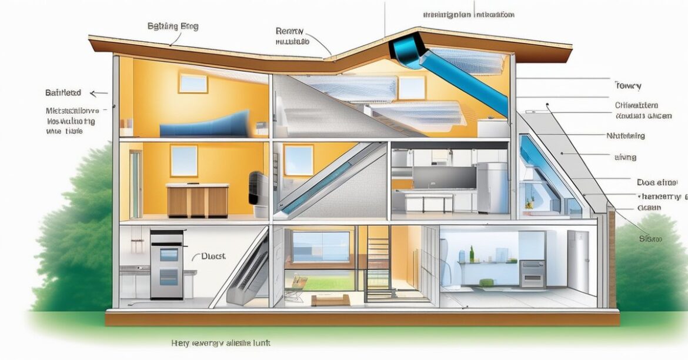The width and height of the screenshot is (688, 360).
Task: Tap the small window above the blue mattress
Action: [x=193, y=83]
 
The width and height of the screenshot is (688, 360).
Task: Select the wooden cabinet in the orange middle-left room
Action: [x=198, y=200]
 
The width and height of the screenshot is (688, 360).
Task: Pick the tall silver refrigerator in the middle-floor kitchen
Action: [x=491, y=187]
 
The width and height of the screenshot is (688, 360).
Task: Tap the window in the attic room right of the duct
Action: [x=412, y=87]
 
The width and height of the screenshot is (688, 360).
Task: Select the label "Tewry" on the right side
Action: [x=627, y=85]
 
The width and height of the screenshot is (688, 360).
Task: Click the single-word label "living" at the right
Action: [x=625, y=158]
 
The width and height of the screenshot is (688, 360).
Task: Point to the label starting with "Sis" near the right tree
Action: [x=651, y=239]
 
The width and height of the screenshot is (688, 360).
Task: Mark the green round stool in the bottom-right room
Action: [x=486, y=283]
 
